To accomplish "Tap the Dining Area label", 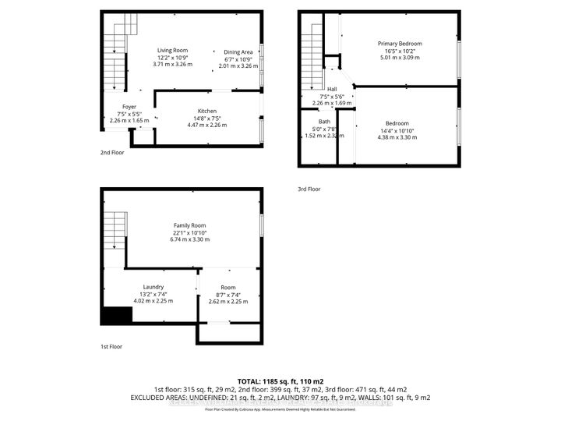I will tap(238, 51).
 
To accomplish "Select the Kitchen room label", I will tap(206, 111).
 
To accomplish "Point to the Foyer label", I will tap(129, 106).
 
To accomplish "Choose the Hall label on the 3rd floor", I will tap(332, 89).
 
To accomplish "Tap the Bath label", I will tap(324, 121).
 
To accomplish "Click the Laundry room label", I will tap(153, 286).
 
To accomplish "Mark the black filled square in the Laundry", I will tap(116, 315).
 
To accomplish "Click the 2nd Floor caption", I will tap(112, 153).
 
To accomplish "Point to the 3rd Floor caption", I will tap(309, 189).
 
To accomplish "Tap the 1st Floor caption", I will tap(111, 346).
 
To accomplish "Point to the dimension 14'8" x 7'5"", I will tap(206, 118).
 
